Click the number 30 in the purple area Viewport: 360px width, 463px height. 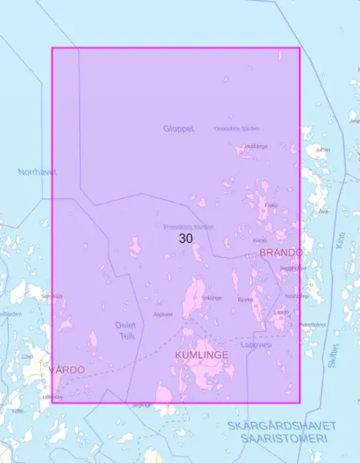186,238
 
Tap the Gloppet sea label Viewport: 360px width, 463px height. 179,128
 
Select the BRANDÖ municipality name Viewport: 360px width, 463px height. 280,252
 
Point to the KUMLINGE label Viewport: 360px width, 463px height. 202,354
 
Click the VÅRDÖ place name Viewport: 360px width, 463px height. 66,370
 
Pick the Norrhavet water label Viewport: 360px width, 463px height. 37,171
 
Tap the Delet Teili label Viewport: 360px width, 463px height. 125,330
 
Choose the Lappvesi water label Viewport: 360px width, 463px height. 256,345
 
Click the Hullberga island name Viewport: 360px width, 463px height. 256,146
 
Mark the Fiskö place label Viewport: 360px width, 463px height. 270,205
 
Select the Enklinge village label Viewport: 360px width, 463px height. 211,298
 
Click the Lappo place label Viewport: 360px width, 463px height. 281,312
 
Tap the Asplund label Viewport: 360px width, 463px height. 162,314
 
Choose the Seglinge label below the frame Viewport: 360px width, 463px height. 142,404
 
